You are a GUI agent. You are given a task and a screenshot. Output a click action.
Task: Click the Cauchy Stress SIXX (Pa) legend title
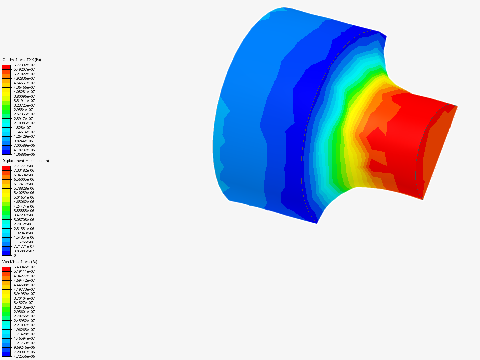coord(22,60)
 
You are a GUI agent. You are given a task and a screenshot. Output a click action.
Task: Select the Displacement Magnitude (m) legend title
coord(26,161)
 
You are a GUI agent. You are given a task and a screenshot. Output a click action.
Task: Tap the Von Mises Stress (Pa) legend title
coord(20,262)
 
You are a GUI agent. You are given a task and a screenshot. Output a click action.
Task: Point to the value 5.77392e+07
coord(24,65)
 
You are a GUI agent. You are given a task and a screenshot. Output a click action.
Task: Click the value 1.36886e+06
coord(24,154)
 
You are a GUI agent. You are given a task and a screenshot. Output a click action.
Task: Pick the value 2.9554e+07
coord(23,110)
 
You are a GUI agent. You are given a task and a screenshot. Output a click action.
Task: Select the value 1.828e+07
coord(22,127)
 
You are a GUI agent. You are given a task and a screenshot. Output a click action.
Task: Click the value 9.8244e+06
coord(23,141)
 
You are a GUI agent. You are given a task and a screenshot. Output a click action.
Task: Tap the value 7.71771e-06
coord(24,166)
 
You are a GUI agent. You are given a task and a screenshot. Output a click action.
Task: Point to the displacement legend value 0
coord(15,255)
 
